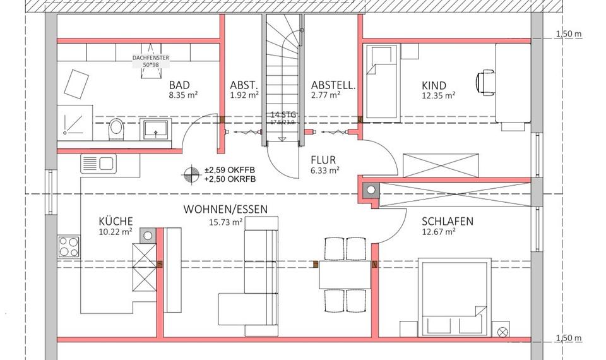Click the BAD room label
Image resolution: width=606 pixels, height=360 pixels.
179,86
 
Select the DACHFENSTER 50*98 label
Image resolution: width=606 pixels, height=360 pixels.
150,61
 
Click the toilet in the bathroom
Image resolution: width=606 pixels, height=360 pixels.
116,129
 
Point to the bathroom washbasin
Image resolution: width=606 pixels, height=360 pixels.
155,129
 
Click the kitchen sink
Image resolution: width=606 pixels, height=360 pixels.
98,164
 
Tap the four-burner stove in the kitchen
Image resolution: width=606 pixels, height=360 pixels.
69,246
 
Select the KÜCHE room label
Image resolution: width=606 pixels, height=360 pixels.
116,221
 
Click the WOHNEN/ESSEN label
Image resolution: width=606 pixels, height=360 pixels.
225,209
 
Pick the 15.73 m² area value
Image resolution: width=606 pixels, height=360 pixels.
226,222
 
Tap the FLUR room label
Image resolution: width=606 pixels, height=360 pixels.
323,160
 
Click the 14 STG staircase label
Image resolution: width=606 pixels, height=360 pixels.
283,114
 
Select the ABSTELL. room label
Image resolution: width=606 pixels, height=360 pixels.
333,85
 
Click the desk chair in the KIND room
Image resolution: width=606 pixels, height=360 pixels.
484,81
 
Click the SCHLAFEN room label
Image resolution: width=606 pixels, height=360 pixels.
448,222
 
